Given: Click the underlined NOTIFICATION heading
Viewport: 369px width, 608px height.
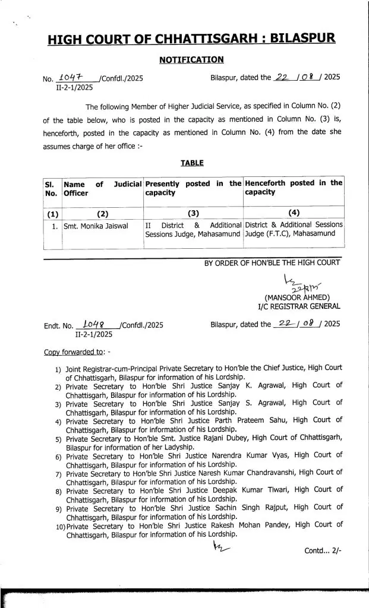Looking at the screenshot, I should [191, 59].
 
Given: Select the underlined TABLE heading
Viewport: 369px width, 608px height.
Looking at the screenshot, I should [191, 163].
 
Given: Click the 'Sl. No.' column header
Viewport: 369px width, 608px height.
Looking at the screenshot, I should [51, 188].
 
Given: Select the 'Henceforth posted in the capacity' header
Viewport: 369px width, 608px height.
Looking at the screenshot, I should [294, 188].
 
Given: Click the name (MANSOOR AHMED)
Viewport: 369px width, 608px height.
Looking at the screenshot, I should [297, 297].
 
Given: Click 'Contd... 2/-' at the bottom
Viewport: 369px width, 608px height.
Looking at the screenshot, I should [321, 550].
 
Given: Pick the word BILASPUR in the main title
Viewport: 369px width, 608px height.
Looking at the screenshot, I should [302, 39].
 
